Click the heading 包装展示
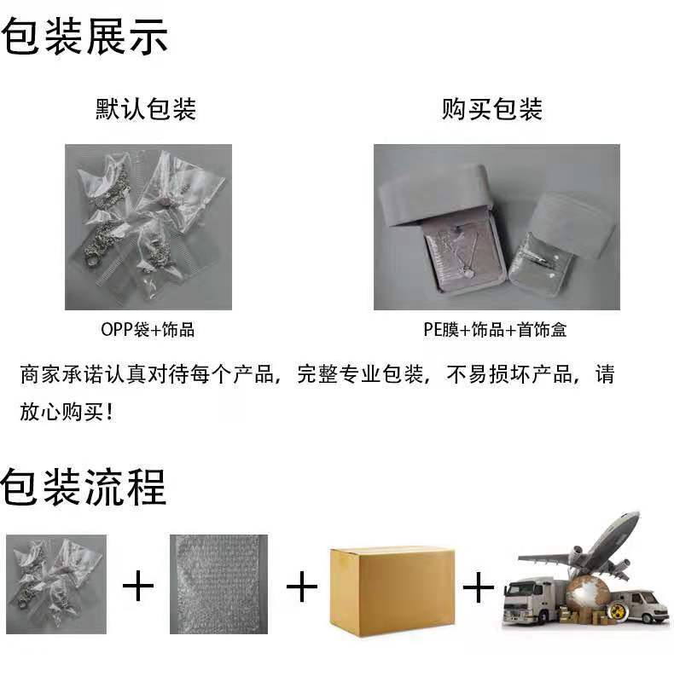coord(84,37)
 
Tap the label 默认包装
coord(146,109)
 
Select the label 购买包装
coord(492,109)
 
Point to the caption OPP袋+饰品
coord(148,330)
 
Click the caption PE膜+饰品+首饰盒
coord(495,330)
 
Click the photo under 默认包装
coord(148,227)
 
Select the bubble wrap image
coord(218,584)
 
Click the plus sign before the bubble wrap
coord(138,587)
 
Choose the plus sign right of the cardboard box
coord(479,587)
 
